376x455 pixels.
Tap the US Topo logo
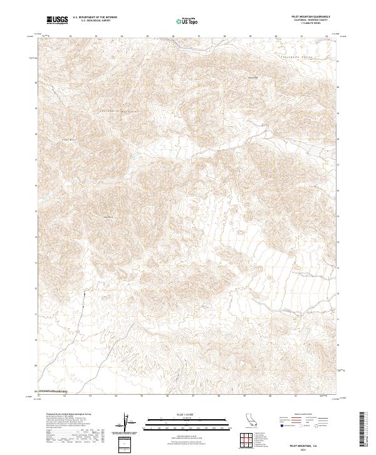tap(188, 21)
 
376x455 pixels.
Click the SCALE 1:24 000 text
tap(188, 414)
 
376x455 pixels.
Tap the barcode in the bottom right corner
tap(362, 431)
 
